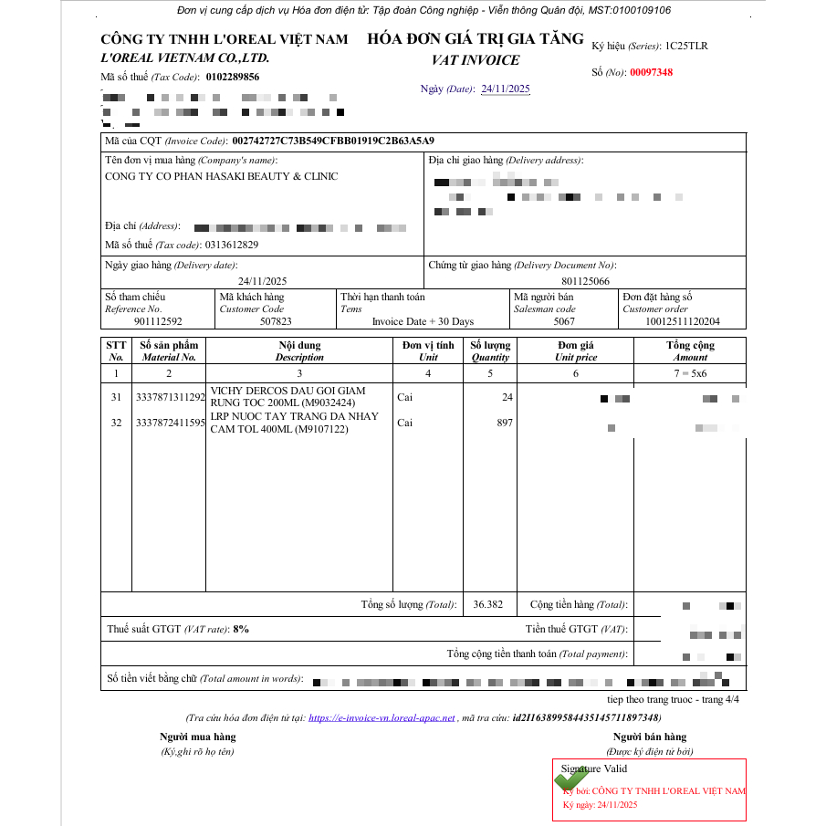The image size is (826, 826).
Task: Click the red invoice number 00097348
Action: pyautogui.click(x=651, y=72)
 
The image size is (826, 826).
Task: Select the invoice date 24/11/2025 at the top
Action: pyautogui.click(x=505, y=89)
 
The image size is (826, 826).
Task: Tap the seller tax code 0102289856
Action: pyautogui.click(x=233, y=78)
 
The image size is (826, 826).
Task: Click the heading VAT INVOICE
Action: pyautogui.click(x=476, y=60)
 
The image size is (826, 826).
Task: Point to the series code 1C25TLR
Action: pyautogui.click(x=686, y=46)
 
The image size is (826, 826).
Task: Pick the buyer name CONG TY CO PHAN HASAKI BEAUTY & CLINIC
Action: pyautogui.click(x=221, y=176)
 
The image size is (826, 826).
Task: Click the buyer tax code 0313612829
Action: pyautogui.click(x=232, y=245)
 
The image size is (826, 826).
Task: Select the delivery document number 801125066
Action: pyautogui.click(x=585, y=281)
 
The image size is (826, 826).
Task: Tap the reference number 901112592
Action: pyautogui.click(x=158, y=321)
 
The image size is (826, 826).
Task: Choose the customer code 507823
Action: pyautogui.click(x=276, y=321)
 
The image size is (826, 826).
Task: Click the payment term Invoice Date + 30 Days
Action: pyautogui.click(x=423, y=321)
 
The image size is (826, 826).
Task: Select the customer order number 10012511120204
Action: pyautogui.click(x=682, y=321)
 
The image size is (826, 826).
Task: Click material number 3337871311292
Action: pyautogui.click(x=170, y=397)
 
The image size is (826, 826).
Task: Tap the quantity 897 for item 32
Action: pyautogui.click(x=504, y=423)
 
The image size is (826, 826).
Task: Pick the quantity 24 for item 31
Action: pyautogui.click(x=507, y=397)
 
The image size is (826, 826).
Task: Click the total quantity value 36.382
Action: pyautogui.click(x=488, y=604)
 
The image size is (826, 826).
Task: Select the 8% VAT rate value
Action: pyautogui.click(x=241, y=629)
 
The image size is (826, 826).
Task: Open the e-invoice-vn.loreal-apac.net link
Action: pyautogui.click(x=382, y=718)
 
